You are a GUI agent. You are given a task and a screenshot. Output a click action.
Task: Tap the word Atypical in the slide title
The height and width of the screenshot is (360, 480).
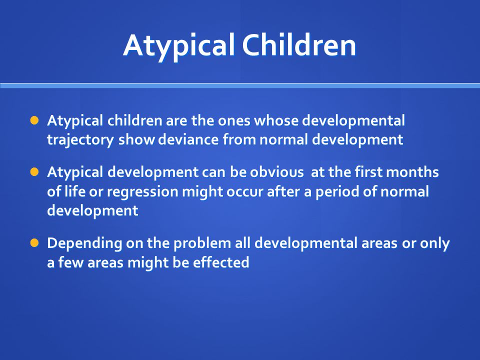(179, 46)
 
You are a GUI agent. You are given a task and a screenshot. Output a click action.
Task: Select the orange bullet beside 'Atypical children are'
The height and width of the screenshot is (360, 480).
(34, 120)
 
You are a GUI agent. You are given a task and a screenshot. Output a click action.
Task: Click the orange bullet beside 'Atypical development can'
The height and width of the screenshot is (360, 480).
(34, 171)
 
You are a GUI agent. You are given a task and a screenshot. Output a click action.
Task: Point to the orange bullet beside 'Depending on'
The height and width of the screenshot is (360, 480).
(34, 243)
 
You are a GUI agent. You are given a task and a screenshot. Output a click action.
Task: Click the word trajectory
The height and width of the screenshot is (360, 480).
(80, 140)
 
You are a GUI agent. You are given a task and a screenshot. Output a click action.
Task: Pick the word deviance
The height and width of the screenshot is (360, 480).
(188, 139)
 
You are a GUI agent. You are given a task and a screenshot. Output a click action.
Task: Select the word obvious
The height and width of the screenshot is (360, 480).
(276, 172)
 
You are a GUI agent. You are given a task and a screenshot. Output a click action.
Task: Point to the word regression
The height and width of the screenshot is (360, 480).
(142, 192)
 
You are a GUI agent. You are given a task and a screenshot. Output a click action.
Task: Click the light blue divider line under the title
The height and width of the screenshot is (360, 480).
(240, 85)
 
